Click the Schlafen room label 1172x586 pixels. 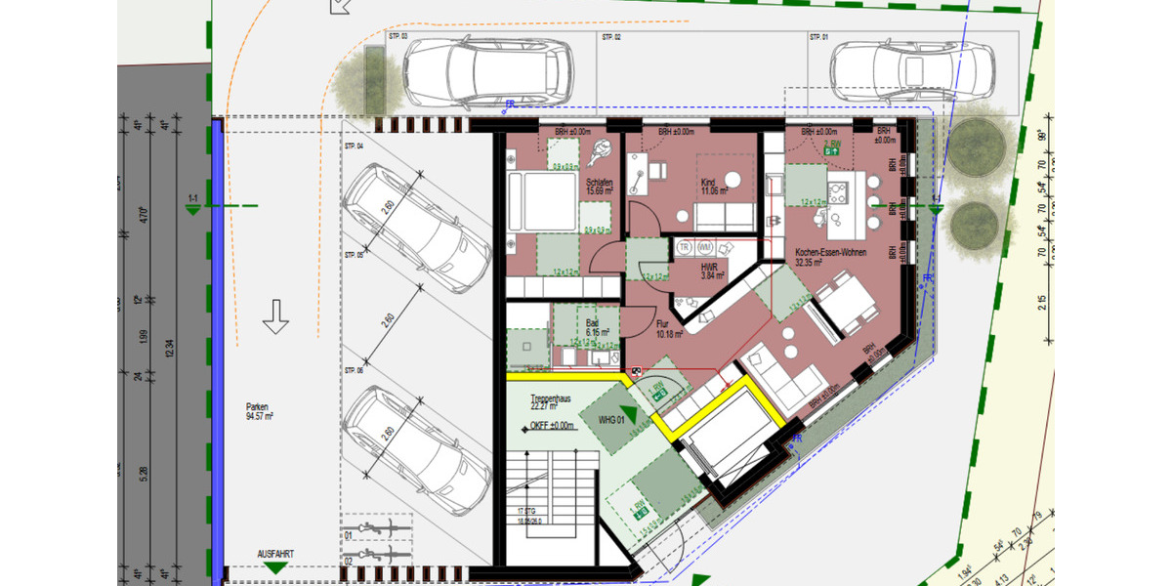click(599, 186)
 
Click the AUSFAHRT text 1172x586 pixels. click(275, 554)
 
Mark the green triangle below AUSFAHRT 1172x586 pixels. click(275, 567)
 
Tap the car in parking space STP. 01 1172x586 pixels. click(912, 70)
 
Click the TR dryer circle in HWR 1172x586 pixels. click(685, 248)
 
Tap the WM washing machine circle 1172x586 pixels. click(705, 248)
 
